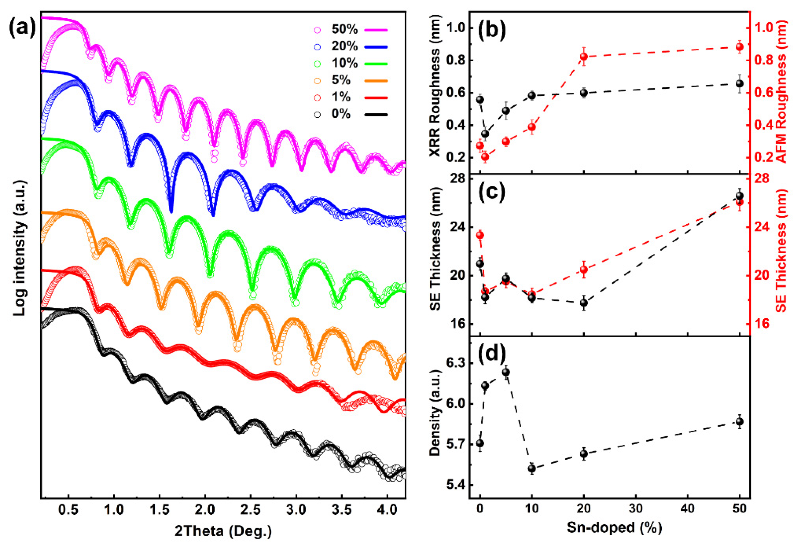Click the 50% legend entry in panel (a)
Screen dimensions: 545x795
point(344,30)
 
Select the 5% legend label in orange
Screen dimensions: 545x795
point(341,80)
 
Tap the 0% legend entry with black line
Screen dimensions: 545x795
point(341,114)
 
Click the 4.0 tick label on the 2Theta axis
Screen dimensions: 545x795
point(387,510)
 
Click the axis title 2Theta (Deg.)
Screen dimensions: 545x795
point(223,531)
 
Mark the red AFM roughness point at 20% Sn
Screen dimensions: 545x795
point(584,56)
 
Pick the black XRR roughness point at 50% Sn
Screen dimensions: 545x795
point(740,84)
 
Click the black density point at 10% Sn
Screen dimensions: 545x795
point(532,468)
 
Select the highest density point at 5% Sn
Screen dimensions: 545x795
point(506,372)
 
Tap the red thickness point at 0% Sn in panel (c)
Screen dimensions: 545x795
point(480,235)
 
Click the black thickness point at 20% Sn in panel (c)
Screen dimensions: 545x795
point(584,303)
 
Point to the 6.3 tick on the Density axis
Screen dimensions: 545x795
point(454,363)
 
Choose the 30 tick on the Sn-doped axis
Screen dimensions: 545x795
point(636,509)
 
